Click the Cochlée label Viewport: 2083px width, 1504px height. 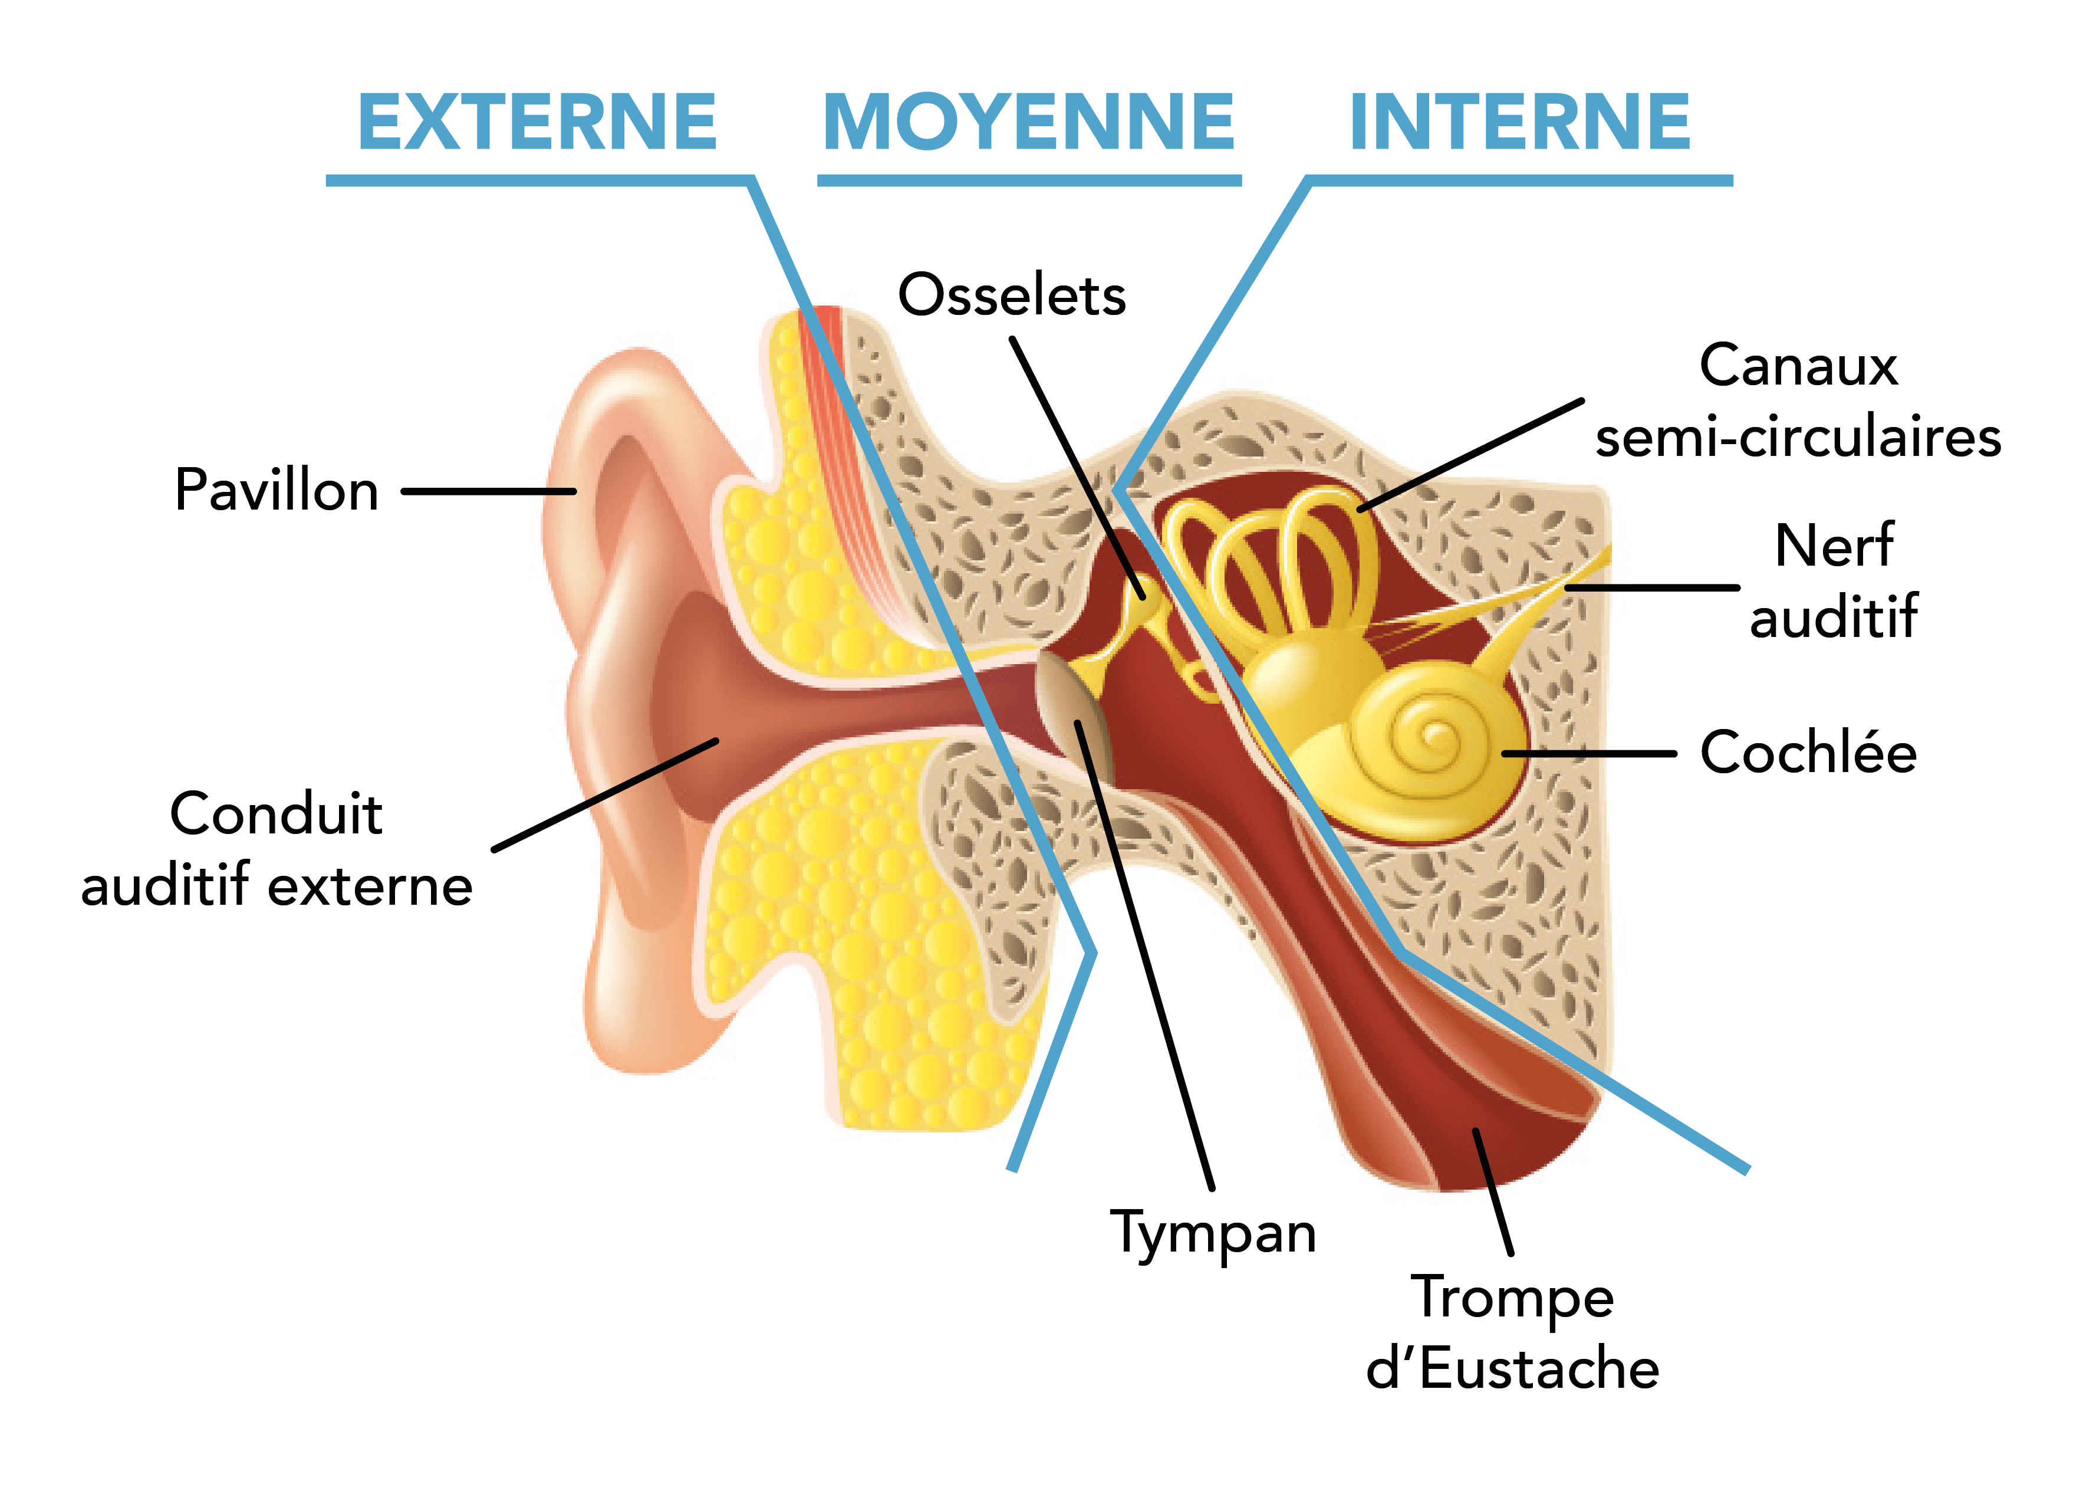point(1808,753)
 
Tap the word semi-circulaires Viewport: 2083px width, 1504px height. point(1798,436)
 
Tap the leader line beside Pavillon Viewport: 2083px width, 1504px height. point(489,491)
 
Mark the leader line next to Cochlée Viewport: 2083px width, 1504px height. point(1589,753)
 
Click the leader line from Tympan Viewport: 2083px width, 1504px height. point(1148,965)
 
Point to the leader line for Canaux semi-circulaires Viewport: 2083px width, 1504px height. point(1469,455)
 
